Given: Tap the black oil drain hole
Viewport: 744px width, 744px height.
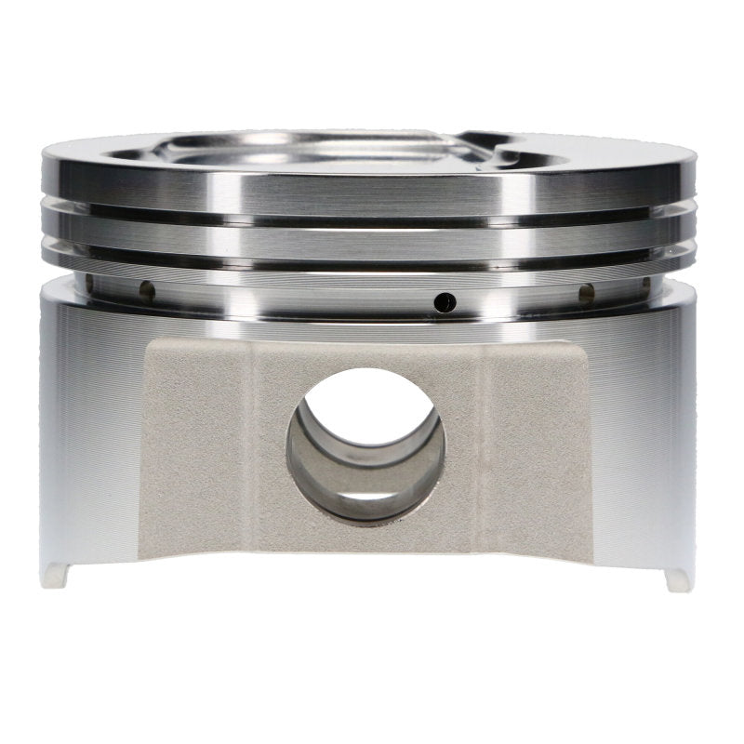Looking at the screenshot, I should coord(447,301).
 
